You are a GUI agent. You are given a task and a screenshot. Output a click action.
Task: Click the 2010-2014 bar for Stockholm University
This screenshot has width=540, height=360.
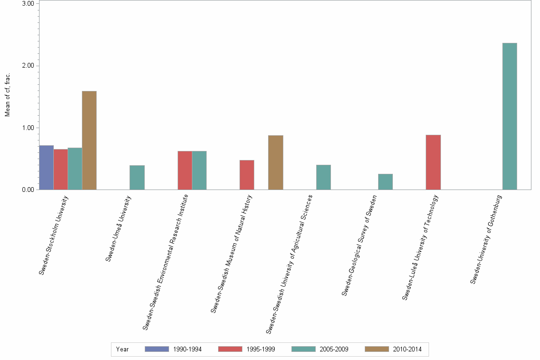click(89, 140)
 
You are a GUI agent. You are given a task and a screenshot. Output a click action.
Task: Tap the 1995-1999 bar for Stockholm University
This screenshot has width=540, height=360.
click(60, 170)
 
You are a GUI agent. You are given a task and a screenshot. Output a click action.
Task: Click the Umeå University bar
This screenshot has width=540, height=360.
click(137, 178)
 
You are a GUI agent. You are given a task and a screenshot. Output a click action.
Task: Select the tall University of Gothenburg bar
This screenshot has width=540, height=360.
click(510, 117)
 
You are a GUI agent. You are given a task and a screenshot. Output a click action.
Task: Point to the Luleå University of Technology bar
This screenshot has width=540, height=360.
click(433, 162)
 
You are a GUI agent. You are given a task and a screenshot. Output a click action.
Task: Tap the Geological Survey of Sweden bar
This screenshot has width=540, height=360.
click(385, 182)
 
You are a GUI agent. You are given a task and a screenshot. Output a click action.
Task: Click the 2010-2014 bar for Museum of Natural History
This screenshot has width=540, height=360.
click(276, 162)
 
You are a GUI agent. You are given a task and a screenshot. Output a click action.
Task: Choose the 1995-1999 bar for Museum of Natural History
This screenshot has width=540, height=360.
click(247, 175)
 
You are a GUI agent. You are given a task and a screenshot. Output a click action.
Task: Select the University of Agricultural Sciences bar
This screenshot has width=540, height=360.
click(323, 177)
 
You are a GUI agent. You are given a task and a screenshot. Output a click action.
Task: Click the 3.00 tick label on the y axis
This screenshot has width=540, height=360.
click(28, 3)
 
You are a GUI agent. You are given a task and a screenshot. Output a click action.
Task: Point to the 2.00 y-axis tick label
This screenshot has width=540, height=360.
click(28, 66)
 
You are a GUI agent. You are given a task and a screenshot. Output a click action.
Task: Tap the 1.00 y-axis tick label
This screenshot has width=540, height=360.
click(28, 128)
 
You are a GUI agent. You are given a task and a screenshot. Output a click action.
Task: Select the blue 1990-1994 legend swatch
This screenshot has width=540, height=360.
click(157, 349)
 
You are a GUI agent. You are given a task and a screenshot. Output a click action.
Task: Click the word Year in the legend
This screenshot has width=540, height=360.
click(122, 349)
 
